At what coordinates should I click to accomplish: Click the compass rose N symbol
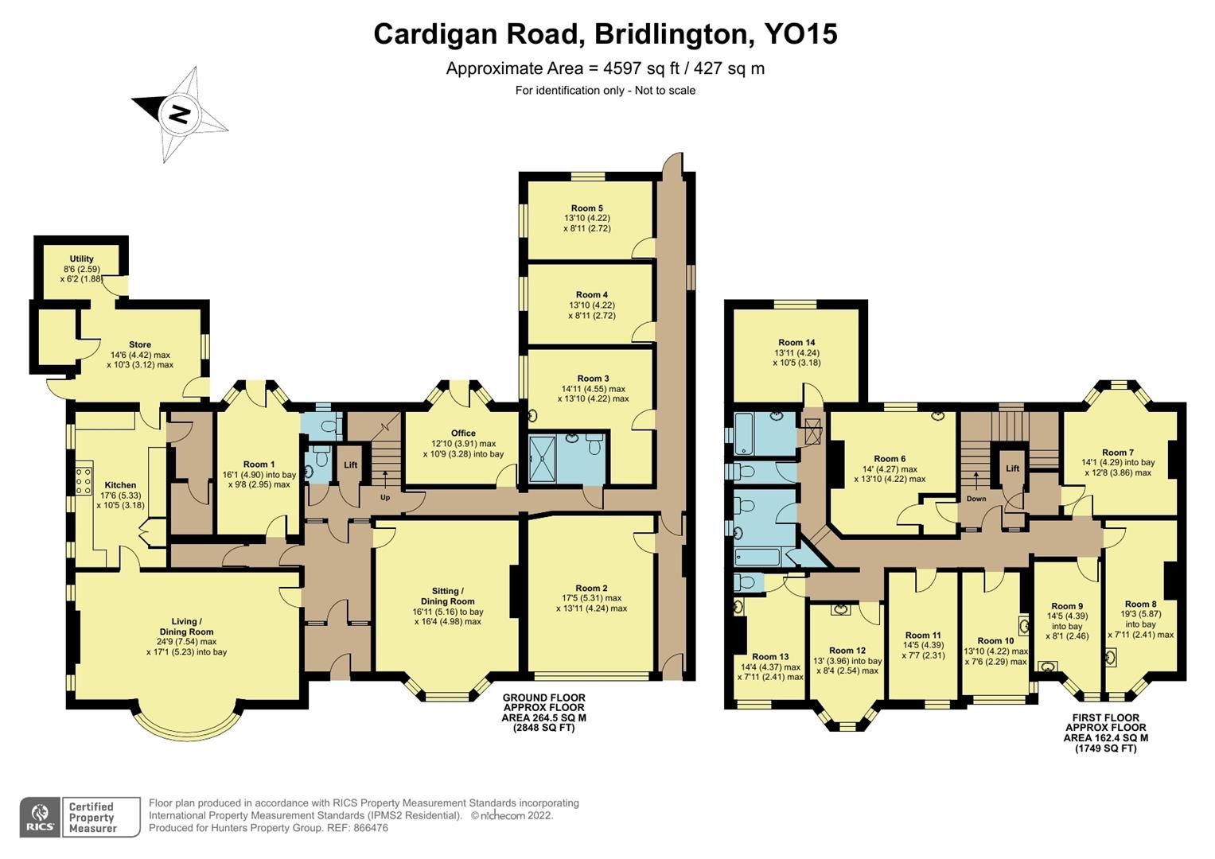tap(180, 115)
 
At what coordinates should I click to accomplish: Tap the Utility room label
tap(81, 258)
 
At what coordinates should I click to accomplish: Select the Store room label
tap(140, 344)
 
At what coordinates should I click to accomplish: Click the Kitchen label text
tap(120, 484)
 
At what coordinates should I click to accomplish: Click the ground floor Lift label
tap(350, 465)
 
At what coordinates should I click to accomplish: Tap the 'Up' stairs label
tap(385, 497)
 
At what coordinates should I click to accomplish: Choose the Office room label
tap(464, 433)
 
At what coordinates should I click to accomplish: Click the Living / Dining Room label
tap(187, 621)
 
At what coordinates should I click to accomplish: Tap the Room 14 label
tap(796, 342)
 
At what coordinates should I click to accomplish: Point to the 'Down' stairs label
tap(976, 499)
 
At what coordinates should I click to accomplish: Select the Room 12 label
tap(847, 650)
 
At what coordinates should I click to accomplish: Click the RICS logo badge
tap(40, 817)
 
